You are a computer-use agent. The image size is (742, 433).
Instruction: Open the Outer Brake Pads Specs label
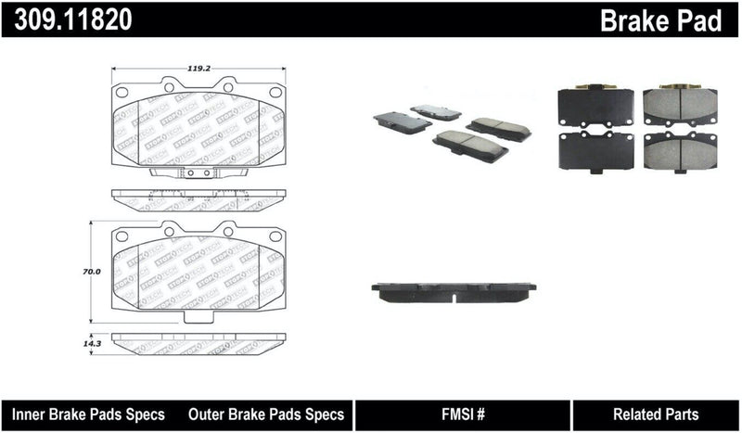(x=266, y=414)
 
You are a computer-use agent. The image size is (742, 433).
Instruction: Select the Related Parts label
(x=655, y=414)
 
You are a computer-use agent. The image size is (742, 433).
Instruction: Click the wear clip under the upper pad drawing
(x=195, y=172)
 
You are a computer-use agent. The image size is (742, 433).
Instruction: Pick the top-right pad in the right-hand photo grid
(x=680, y=107)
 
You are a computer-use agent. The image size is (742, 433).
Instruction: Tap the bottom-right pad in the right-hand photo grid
(x=680, y=150)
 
